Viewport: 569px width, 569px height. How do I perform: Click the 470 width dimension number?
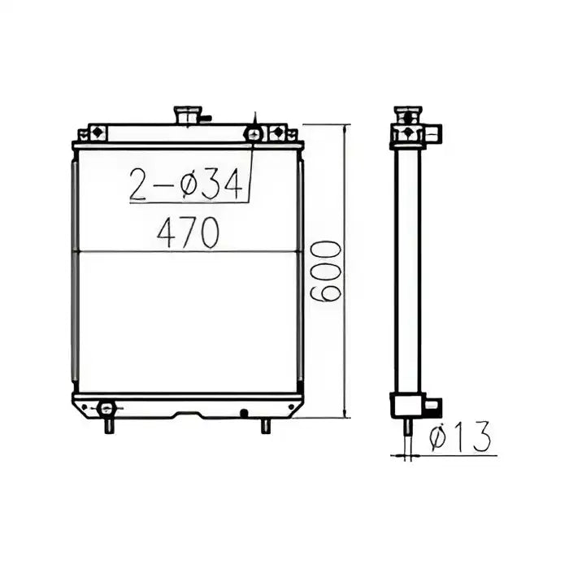(x=188, y=234)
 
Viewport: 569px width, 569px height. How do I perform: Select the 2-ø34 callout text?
(x=187, y=186)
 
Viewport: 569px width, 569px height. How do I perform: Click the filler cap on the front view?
(x=189, y=115)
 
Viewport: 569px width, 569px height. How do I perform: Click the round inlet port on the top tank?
(x=255, y=132)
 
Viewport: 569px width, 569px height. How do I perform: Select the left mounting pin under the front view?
(x=108, y=425)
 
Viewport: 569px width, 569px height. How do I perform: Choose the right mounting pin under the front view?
(x=265, y=425)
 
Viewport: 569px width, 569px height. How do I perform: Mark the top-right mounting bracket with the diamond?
(x=277, y=132)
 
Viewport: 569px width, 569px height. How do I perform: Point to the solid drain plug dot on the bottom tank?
(x=243, y=413)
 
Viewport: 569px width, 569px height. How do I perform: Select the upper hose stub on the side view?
(x=432, y=132)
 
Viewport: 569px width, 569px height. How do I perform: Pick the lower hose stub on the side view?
(x=432, y=404)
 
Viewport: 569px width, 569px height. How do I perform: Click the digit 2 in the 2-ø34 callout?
(x=140, y=186)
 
